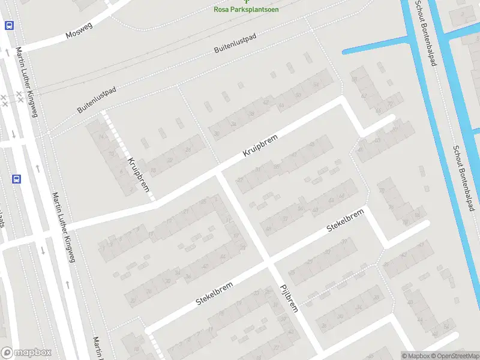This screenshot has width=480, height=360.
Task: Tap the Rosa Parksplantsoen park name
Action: click(246, 10)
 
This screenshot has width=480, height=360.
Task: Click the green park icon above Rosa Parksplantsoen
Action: click(246, 2)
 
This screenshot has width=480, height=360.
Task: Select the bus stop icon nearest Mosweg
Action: click(9, 25)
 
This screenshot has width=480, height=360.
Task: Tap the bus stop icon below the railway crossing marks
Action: click(16, 179)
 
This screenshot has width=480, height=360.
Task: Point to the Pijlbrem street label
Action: click(289, 298)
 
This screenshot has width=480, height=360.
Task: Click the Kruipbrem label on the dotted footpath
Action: click(139, 175)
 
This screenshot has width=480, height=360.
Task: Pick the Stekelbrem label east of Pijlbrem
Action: click(346, 220)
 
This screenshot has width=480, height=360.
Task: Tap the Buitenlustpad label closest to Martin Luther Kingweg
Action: click(97, 100)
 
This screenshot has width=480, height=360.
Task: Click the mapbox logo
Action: click(26, 353)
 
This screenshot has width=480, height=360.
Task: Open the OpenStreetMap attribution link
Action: click(454, 356)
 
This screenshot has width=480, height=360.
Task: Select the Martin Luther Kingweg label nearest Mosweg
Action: click(27, 82)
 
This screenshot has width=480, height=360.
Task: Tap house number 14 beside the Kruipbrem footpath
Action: click(101, 137)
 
